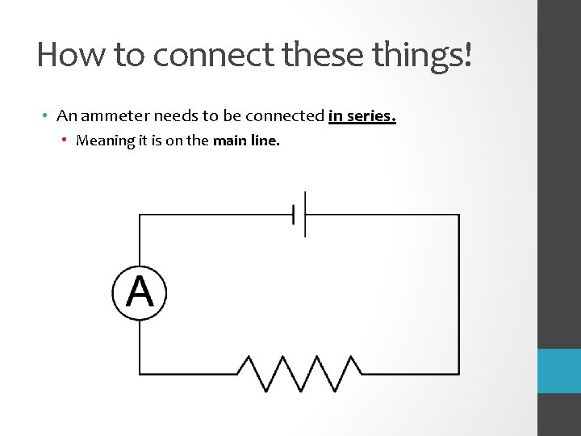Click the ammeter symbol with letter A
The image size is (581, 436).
pos(139,291)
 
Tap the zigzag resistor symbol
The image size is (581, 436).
pos(299,374)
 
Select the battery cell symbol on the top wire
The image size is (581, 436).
pos(299,215)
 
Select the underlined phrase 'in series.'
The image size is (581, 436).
pos(362,116)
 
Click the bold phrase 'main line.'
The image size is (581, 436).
pos(246,140)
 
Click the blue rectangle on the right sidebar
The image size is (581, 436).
pos(558,371)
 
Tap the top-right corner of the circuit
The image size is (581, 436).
pos(459,215)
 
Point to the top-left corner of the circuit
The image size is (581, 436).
pos(140,215)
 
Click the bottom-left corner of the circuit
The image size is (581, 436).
pos(140,374)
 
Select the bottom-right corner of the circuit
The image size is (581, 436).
pos(459,374)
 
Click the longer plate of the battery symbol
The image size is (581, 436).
pos(305,215)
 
